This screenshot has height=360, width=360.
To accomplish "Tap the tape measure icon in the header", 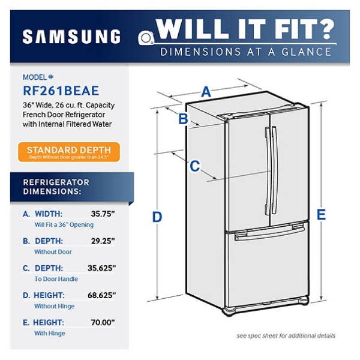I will point(146,38).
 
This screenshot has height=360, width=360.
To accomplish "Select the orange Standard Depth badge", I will point(68,151).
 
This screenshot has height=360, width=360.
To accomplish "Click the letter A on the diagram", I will point(206,92).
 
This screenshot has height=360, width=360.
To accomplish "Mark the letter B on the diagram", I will point(184,119).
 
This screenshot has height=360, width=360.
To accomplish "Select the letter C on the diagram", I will point(194,166).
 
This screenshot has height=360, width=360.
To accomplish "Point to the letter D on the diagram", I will point(157,217).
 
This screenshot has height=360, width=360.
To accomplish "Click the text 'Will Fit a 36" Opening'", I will point(64,225).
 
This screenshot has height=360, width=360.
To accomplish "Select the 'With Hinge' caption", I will point(49,333).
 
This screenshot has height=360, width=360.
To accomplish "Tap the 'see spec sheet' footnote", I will point(286,335).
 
